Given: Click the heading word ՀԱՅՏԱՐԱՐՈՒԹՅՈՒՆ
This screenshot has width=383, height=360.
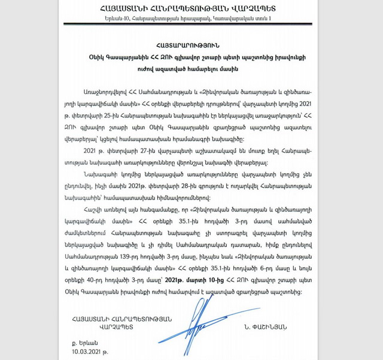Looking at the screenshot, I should (191, 44).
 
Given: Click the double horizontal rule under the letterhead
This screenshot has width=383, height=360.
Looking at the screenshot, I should (191, 28).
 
